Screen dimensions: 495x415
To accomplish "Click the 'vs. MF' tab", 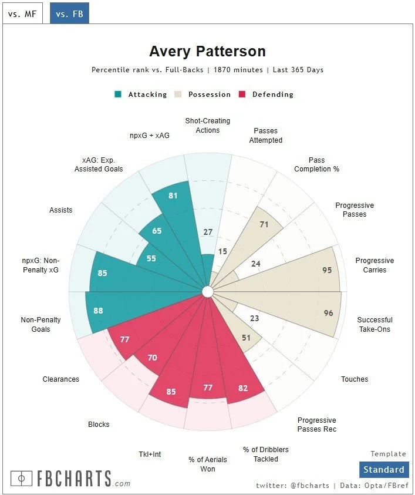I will point(22,13).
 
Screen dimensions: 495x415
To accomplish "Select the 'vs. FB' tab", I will point(69,13).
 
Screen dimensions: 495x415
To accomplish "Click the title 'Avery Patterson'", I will point(207,51).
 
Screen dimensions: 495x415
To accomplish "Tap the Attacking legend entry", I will point(141,95).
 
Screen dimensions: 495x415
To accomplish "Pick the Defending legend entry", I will point(266,95).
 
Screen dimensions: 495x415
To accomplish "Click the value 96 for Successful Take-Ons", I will point(328,313).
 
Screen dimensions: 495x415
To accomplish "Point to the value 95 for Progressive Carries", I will point(327,270).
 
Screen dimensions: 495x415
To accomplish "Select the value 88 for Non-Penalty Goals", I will point(98,311).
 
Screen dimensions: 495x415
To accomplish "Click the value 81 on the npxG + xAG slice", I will point(173,196).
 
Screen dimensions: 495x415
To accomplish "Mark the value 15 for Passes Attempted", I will point(222,251).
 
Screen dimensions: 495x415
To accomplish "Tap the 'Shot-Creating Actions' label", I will point(207,126).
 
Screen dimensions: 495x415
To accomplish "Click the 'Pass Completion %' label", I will point(316,164).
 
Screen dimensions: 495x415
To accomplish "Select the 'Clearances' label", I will point(61,379).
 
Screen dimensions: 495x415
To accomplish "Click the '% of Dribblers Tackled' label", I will point(266,454).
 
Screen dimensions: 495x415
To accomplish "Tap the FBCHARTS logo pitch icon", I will point(21,479).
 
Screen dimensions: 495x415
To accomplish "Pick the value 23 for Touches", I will point(254,319).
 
